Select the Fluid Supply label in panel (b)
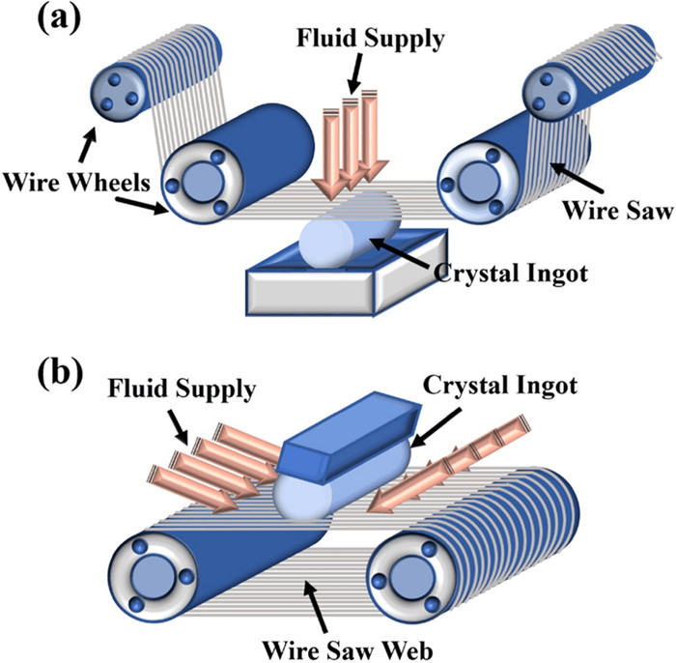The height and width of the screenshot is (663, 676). (x=169, y=391)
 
